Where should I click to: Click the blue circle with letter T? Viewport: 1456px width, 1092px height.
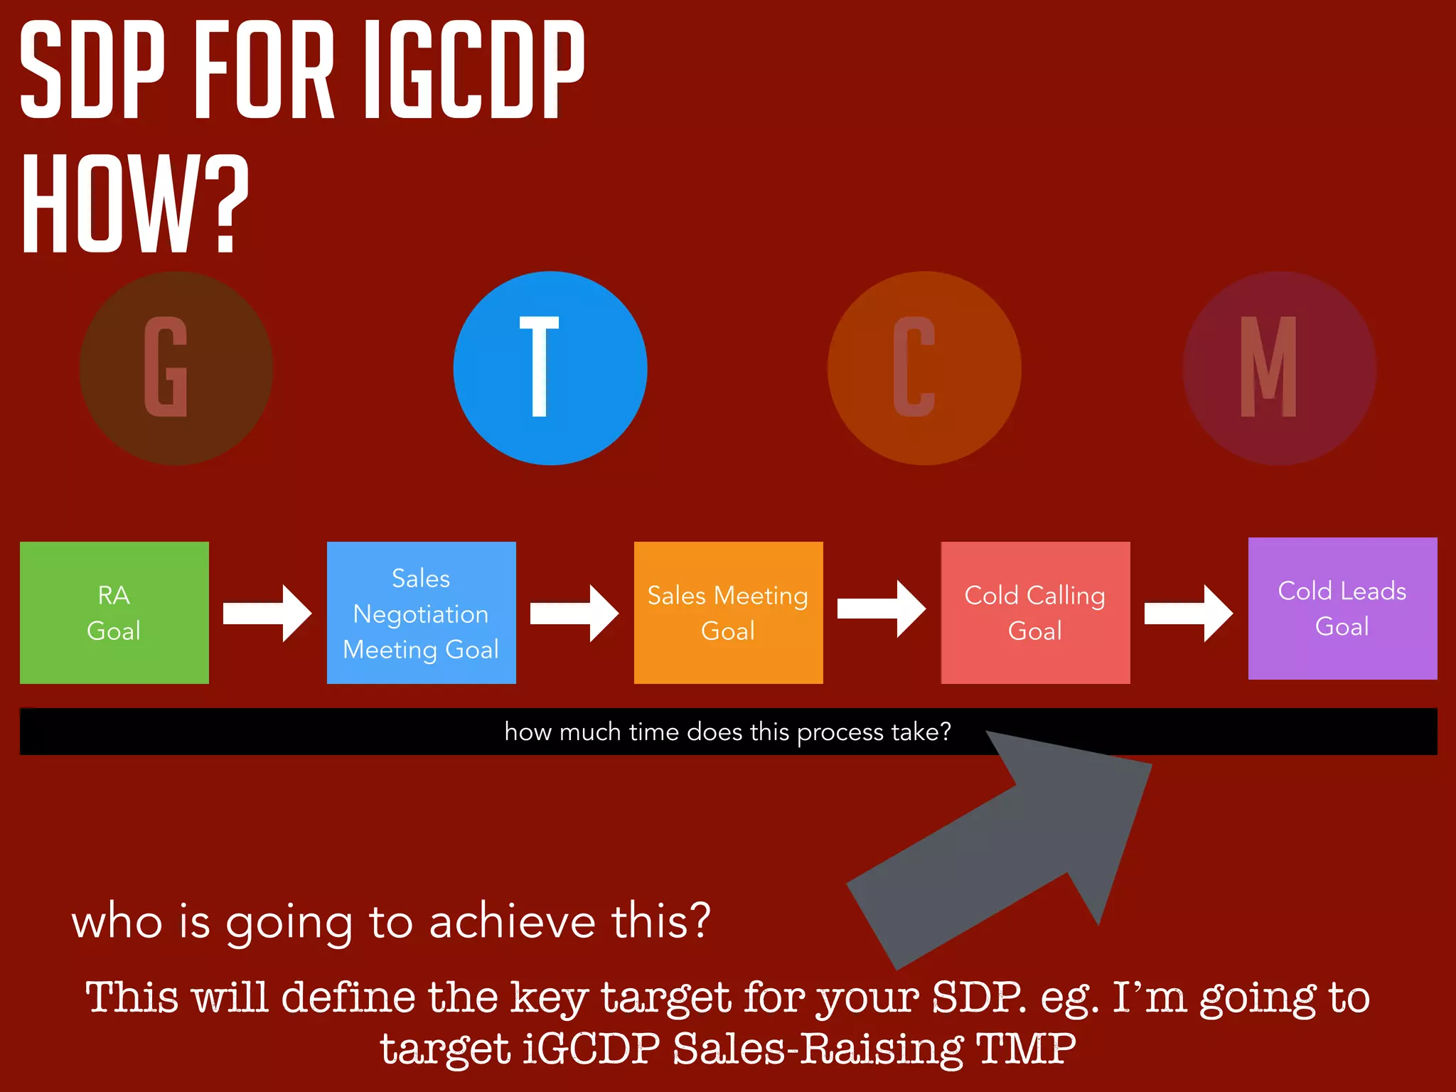(x=550, y=368)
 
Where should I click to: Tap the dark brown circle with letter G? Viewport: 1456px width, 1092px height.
(x=176, y=368)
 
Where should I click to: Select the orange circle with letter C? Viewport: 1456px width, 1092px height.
(x=924, y=368)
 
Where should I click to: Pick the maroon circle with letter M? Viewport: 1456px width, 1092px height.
(x=1279, y=368)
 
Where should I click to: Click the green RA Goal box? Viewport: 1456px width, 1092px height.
(x=114, y=612)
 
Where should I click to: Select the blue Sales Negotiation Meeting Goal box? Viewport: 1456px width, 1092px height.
(x=421, y=612)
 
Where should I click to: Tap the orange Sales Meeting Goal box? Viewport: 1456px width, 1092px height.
(x=728, y=612)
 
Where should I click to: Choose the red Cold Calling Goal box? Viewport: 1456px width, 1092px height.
(x=1035, y=612)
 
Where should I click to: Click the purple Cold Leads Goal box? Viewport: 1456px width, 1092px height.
(x=1342, y=608)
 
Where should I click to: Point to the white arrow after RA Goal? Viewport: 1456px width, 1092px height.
(x=267, y=613)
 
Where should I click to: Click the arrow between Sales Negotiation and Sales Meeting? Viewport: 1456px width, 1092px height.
(x=574, y=613)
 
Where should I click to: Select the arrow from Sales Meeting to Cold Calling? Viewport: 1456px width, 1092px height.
(x=882, y=609)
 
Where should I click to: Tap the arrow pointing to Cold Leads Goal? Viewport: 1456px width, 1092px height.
(x=1189, y=613)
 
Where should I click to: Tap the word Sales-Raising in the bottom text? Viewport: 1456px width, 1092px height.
(x=818, y=1048)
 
